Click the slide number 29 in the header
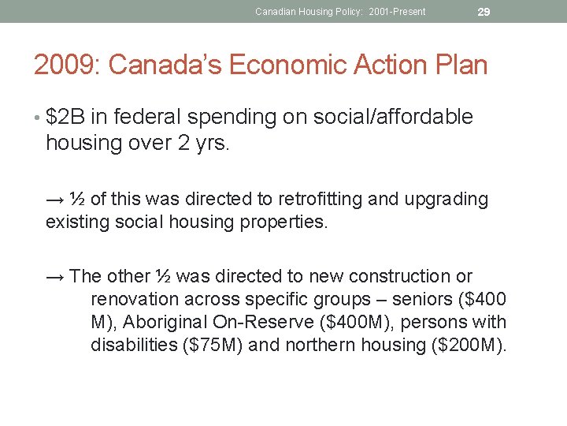click(x=484, y=11)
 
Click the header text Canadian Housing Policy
click(x=309, y=11)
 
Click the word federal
click(x=149, y=118)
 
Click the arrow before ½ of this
click(x=55, y=200)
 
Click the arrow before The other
click(x=55, y=277)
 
